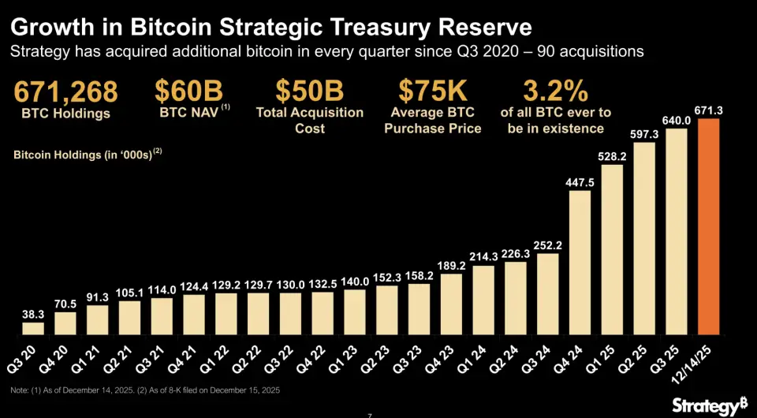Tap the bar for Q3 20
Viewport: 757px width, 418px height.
33,327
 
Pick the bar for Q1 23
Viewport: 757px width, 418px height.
354,312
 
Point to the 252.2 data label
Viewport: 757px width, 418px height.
547,244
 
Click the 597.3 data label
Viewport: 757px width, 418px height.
644,135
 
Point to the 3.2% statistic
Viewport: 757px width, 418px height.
555,91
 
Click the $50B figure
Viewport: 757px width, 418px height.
310,91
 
